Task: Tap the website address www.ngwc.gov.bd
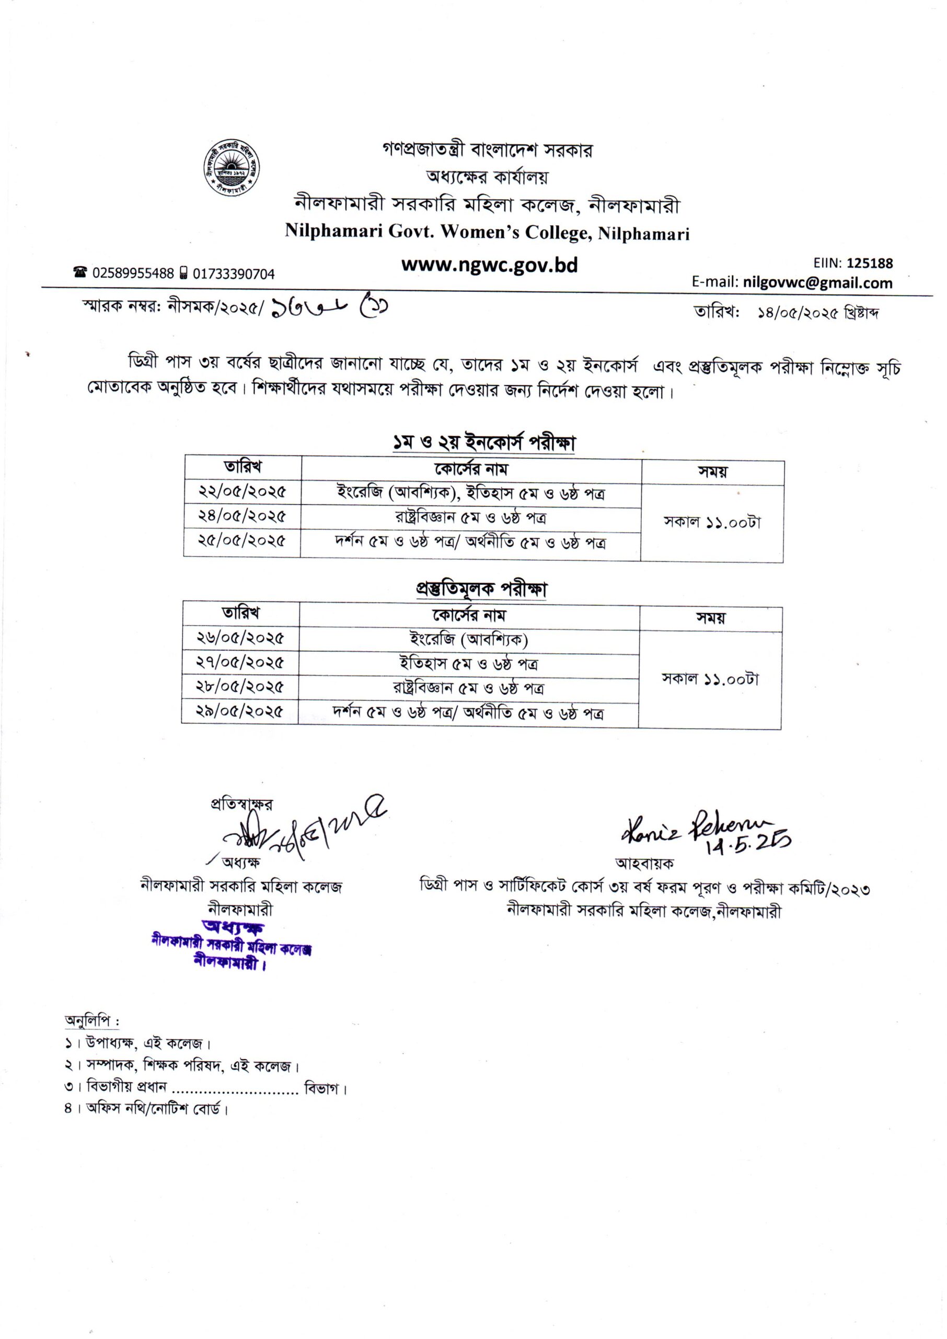coord(489,266)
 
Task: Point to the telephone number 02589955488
coord(133,274)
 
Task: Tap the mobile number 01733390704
coord(233,274)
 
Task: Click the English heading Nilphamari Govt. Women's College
coord(487,233)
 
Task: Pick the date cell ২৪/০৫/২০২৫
coord(242,516)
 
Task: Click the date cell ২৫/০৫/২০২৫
coord(241,541)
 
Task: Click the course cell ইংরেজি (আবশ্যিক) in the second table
coord(469,640)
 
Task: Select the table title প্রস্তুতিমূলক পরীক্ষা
coord(481,589)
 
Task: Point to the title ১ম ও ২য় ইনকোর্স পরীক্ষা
coord(483,444)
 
